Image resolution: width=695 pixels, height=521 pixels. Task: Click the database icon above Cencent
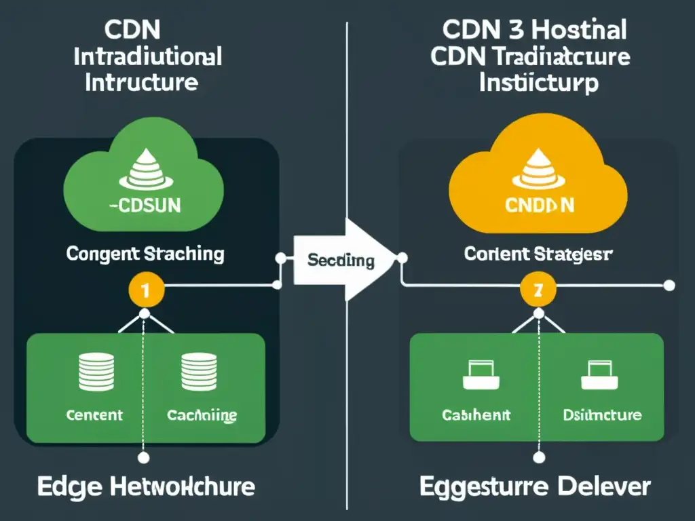pos(94,372)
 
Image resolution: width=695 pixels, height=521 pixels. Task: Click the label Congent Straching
pos(145,254)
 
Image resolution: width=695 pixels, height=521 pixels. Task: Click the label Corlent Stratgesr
pos(538,254)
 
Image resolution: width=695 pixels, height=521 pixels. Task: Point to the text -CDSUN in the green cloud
pos(145,206)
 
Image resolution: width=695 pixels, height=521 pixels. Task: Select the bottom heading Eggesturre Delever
pos(535,486)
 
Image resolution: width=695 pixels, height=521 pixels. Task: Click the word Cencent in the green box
pos(94,414)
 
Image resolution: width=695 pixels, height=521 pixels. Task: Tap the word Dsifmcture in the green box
pos(602,414)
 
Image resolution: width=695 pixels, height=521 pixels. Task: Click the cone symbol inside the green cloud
pos(145,170)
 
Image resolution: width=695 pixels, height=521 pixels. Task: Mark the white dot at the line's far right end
pos(670,285)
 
